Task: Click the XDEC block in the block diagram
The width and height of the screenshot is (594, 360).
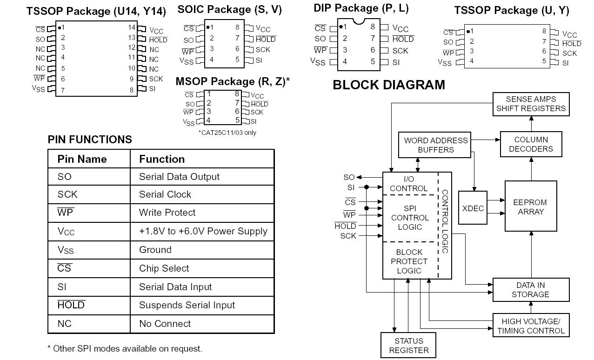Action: tap(473, 208)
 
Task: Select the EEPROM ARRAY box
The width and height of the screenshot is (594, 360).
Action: tap(530, 207)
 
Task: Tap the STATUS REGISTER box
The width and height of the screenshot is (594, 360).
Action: tap(409, 346)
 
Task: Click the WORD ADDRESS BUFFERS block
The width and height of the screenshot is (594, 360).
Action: tap(436, 145)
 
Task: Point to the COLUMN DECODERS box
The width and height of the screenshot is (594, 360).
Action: tap(531, 144)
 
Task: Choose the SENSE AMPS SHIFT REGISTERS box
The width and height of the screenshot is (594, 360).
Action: tap(531, 104)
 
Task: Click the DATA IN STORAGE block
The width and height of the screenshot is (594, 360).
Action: tap(531, 290)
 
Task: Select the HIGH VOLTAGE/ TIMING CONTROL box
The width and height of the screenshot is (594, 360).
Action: tap(531, 326)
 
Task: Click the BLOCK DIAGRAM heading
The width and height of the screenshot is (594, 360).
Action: tap(389, 85)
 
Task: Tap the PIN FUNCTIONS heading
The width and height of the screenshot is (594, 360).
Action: tap(90, 140)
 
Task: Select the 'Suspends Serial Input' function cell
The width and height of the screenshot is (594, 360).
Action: tap(187, 305)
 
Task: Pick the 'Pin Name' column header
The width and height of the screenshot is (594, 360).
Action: tap(82, 159)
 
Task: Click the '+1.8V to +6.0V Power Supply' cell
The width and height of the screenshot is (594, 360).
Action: tap(203, 231)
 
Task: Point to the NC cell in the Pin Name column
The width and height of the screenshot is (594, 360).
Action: tap(65, 324)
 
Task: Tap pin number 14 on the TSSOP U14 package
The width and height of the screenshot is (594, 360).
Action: tap(132, 27)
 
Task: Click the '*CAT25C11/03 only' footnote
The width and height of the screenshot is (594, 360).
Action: tap(227, 133)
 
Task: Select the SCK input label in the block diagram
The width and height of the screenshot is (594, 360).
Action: tap(348, 236)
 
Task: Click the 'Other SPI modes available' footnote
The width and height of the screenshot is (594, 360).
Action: tap(125, 348)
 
